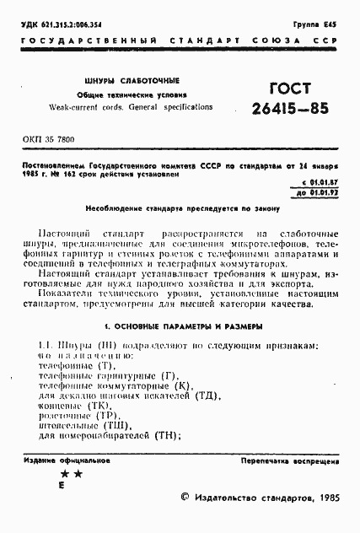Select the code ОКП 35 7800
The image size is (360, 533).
pyautogui.click(x=48, y=137)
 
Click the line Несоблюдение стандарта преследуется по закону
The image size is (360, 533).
pyautogui.click(x=180, y=207)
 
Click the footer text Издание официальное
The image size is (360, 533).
pyautogui.click(x=67, y=461)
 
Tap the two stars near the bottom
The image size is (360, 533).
pyautogui.click(x=72, y=475)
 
